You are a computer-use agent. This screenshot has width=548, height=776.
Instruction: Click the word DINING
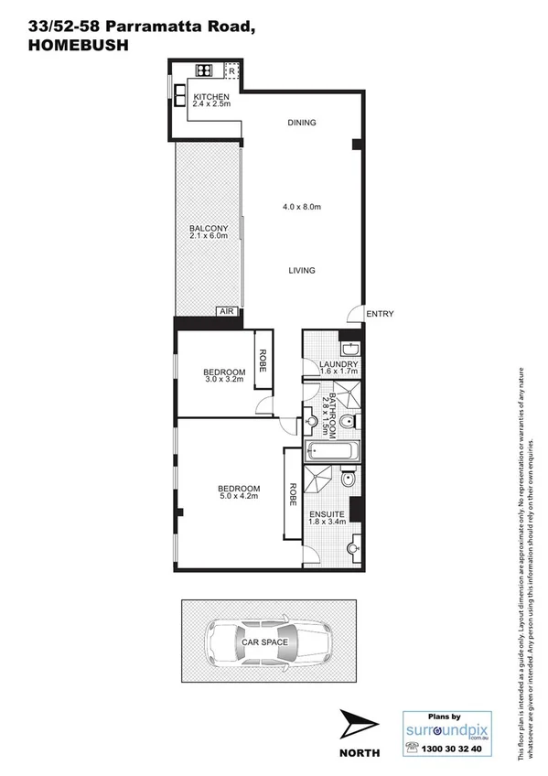301,123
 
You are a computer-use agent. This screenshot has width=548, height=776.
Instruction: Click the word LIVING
301,270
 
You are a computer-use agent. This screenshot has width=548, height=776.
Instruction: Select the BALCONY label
208,229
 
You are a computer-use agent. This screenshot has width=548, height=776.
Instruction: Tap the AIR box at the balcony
226,312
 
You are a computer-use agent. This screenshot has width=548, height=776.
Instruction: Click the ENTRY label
380,314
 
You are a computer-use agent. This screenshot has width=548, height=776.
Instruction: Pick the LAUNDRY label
337,364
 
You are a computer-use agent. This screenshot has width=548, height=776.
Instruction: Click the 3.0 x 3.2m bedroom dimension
222,380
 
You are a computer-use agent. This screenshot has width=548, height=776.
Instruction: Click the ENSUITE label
327,514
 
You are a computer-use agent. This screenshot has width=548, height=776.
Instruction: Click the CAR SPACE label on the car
264,642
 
